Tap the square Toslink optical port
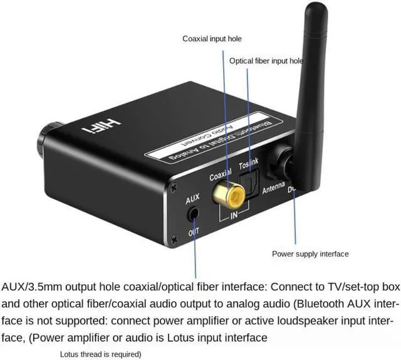pyautogui.click(x=250, y=188)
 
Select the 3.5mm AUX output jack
pyautogui.click(x=194, y=213)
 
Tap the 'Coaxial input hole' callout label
pyautogui.click(x=212, y=39)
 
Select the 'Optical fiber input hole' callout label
pyautogui.click(x=266, y=61)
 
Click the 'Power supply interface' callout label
pyautogui.click(x=310, y=254)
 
